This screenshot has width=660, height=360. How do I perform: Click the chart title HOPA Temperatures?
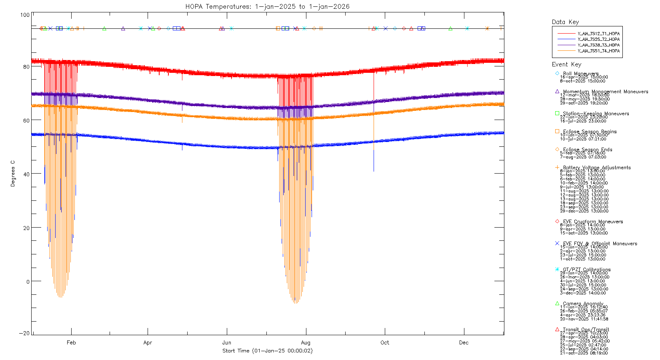tap(267, 6)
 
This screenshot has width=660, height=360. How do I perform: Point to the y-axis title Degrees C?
tap(13, 174)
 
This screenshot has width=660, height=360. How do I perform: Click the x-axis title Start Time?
tap(267, 351)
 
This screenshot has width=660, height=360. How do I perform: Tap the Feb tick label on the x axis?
tap(71, 343)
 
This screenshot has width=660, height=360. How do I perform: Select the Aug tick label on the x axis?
tap(306, 343)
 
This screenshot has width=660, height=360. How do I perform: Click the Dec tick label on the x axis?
tap(464, 343)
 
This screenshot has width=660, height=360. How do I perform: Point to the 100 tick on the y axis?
tap(25, 15)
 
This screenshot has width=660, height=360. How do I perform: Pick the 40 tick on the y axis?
tap(26, 174)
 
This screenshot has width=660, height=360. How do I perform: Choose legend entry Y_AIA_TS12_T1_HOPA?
tap(598, 34)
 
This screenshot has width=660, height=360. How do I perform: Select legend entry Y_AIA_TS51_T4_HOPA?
tap(598, 51)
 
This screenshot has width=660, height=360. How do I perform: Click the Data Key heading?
tap(565, 22)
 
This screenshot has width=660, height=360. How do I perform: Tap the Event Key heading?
tap(566, 64)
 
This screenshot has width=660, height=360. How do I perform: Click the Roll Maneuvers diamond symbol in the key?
tap(557, 74)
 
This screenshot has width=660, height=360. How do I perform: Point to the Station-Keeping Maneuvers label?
tap(596, 114)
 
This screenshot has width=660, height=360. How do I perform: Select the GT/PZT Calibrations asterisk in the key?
tap(557, 270)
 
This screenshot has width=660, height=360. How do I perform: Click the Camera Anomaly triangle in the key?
tap(557, 304)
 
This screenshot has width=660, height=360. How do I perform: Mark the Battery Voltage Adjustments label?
tap(597, 168)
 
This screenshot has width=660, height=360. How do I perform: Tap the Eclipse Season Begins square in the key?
tap(557, 132)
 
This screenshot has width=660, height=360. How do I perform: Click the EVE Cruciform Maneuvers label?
tap(593, 222)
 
